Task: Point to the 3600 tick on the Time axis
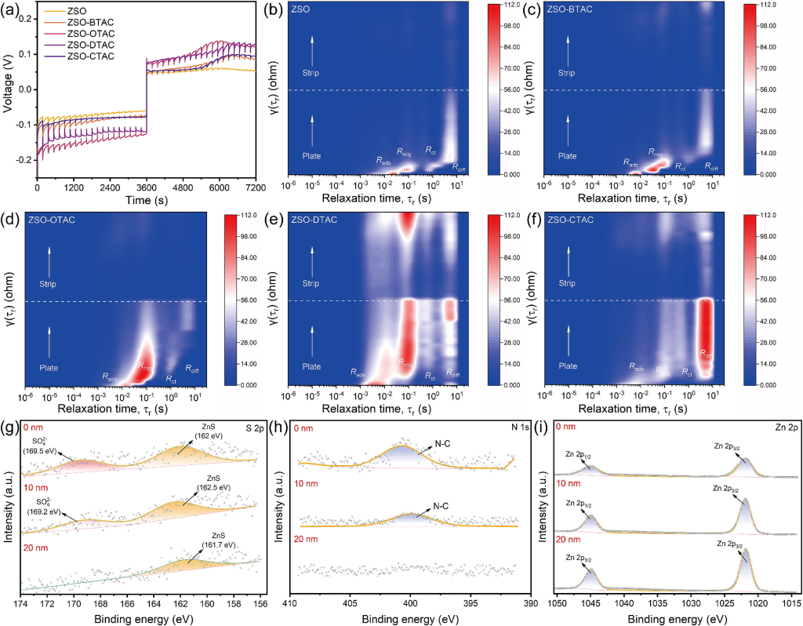[x=147, y=188]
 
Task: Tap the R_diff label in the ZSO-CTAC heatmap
[x=707, y=354]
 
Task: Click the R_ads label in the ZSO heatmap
[x=383, y=161]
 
